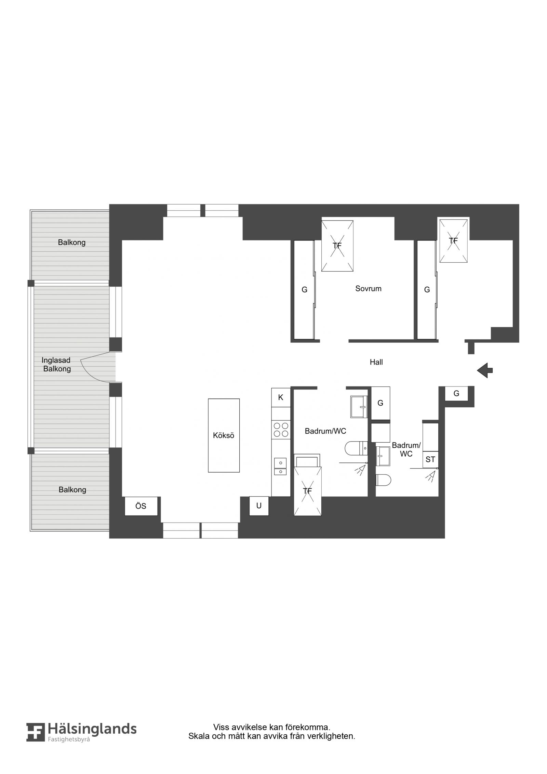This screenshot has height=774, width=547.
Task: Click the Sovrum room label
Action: tap(368, 288)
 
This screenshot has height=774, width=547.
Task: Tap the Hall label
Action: tap(376, 362)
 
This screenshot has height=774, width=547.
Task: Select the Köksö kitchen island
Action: tap(224, 435)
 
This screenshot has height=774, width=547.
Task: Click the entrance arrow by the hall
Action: tap(484, 370)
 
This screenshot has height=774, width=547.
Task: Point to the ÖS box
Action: tap(141, 506)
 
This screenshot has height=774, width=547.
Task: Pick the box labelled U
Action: tap(259, 506)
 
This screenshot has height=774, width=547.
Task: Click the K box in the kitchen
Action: tap(281, 397)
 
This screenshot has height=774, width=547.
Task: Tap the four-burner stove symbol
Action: tap(281, 430)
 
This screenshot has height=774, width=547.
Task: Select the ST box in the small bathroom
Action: tap(430, 460)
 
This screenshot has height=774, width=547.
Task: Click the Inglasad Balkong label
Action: tap(56, 365)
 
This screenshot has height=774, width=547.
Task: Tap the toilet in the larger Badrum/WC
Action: tap(356, 448)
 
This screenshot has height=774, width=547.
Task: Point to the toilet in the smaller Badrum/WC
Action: tap(383, 480)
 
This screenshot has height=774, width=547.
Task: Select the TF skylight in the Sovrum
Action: tap(337, 246)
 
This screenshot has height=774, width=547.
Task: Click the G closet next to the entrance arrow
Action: tap(456, 393)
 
